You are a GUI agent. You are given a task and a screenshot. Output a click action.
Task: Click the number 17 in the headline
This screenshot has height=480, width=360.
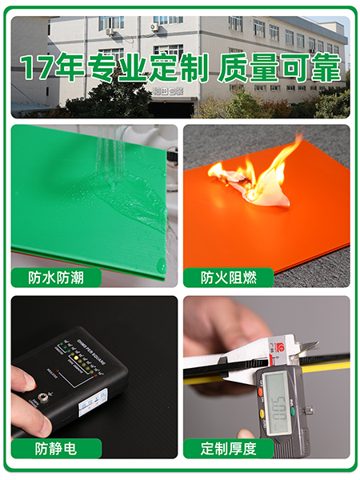pos(37,68)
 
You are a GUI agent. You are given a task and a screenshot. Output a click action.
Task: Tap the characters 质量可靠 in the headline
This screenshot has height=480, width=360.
pos(284,68)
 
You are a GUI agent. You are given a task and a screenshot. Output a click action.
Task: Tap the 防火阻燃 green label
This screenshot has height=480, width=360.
pos(228,278)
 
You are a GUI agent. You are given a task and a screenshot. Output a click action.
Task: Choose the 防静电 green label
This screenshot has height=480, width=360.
pos(57,448)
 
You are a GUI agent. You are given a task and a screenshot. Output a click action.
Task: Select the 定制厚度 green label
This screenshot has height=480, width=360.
pos(228,448)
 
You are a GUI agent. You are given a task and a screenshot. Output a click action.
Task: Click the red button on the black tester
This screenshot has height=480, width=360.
pos(32,383)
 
